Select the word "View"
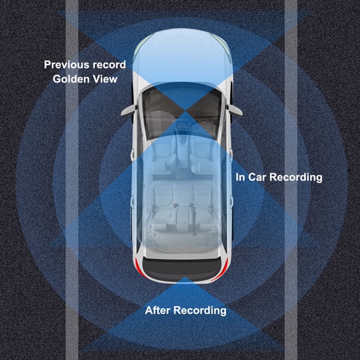105,79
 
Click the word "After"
158,310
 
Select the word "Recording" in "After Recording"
200,311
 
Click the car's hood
183,57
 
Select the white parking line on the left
72,180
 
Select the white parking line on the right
291,180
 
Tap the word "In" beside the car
240,177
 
